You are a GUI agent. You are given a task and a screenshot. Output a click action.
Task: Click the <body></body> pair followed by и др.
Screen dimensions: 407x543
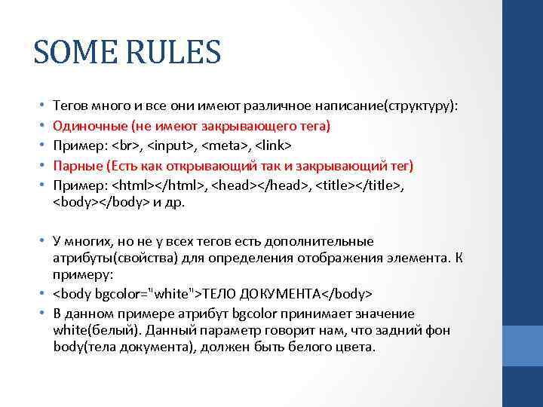(101, 202)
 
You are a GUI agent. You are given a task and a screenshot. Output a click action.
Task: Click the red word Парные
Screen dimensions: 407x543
(78, 165)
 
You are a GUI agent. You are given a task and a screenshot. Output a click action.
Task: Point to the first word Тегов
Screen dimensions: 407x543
(71, 106)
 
